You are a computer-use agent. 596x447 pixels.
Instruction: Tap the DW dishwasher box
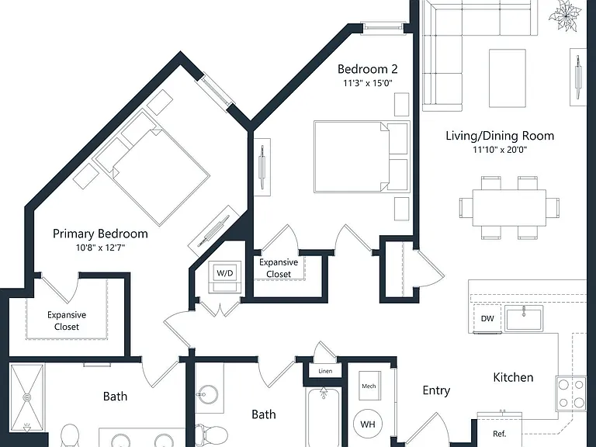pos(487,318)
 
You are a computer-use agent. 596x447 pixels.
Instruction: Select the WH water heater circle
pos(368,424)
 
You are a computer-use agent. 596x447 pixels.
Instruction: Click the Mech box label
pos(369,386)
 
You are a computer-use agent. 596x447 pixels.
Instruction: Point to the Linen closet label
pos(325,371)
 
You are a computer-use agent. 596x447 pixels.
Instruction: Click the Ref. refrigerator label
pos(499,434)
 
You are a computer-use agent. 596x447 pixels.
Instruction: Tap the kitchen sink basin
pos(524,318)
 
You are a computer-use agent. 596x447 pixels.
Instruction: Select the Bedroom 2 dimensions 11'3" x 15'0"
pos(368,83)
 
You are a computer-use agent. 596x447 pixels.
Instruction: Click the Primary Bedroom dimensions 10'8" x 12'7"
pos(100,248)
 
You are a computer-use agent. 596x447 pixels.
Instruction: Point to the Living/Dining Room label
pos(500,136)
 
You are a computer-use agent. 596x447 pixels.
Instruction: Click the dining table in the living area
pos(509,208)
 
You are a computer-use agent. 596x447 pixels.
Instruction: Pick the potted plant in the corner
pos(565,16)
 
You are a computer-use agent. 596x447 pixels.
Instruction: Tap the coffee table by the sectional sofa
pos(508,78)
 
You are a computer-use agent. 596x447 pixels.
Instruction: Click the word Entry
pos(436,391)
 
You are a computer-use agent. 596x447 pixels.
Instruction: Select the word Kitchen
pos(513,377)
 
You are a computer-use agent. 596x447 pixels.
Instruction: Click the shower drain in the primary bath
pos(27,397)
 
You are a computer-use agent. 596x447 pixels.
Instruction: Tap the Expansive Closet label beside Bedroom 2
pos(279,268)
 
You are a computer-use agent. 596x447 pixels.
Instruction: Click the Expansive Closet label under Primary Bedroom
pos(67,321)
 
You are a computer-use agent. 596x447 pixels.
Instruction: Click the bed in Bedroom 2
pos(362,157)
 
